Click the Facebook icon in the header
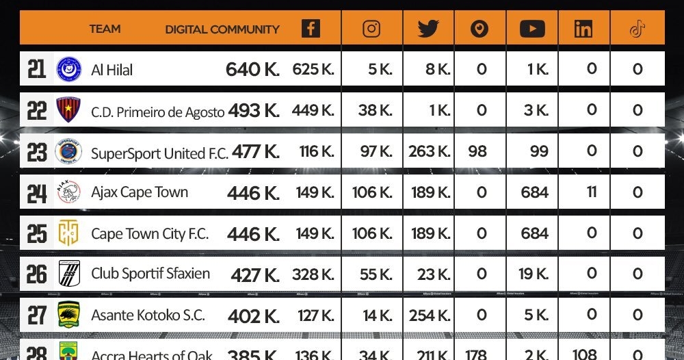pyautogui.click(x=311, y=29)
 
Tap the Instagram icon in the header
pyautogui.click(x=371, y=29)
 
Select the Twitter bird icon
pyautogui.click(x=428, y=29)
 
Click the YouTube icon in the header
pyautogui.click(x=532, y=29)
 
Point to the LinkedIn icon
pyautogui.click(x=583, y=29)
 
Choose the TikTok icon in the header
pyautogui.click(x=637, y=29)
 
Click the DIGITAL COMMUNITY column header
pyautogui.click(x=222, y=29)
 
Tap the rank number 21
pyautogui.click(x=36, y=69)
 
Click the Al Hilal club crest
pyautogui.click(x=68, y=69)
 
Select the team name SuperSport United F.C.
pyautogui.click(x=159, y=153)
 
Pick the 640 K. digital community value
pyautogui.click(x=252, y=69)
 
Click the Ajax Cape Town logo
pyautogui.click(x=68, y=192)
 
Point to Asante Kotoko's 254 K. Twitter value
pyautogui.click(x=430, y=316)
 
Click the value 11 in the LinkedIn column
pyautogui.click(x=592, y=192)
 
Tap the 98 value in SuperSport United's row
pyautogui.click(x=478, y=151)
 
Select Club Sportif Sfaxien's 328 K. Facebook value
pyautogui.click(x=313, y=274)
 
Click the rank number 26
pyautogui.click(x=36, y=274)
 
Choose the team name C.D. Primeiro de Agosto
pyautogui.click(x=157, y=112)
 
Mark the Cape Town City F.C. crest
pyautogui.click(x=68, y=233)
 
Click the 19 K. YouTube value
pyautogui.click(x=534, y=274)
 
